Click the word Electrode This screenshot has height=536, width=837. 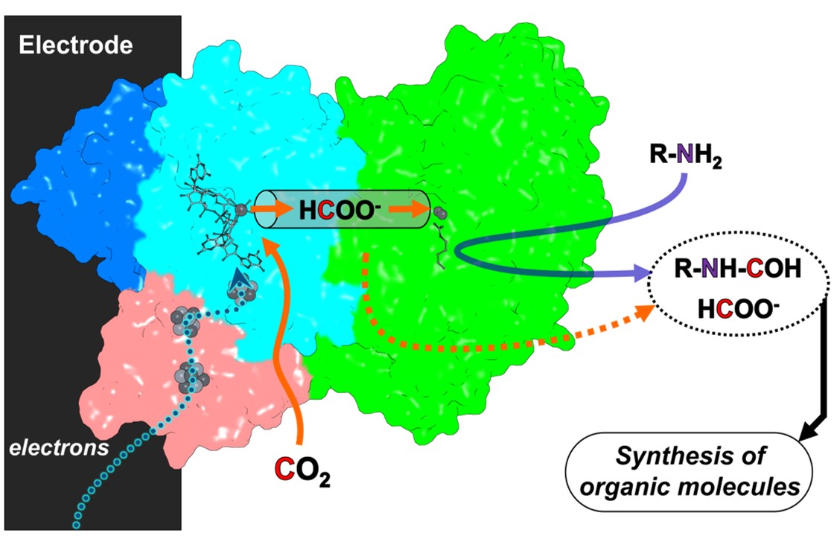pyautogui.click(x=75, y=46)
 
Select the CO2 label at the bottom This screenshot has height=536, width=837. pyautogui.click(x=302, y=470)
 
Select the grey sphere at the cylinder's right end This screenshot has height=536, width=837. pyautogui.click(x=439, y=214)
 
